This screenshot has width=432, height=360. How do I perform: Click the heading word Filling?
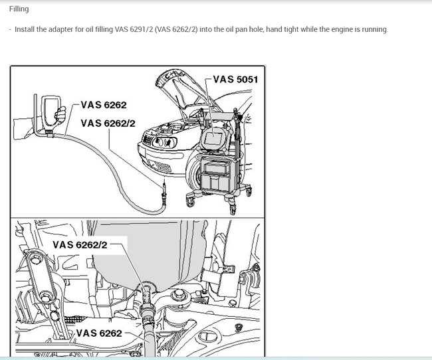pyautogui.click(x=19, y=9)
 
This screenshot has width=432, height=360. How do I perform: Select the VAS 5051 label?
pyautogui.click(x=235, y=79)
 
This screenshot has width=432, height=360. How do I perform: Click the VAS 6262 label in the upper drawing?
pyautogui.click(x=104, y=105)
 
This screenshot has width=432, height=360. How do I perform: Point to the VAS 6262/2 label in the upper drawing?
pyautogui.click(x=108, y=123)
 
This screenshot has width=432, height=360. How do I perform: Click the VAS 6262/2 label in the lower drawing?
pyautogui.click(x=80, y=244)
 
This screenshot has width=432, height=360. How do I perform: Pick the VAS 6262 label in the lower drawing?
pyautogui.click(x=99, y=333)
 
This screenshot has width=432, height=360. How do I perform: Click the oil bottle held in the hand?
pyautogui.click(x=51, y=112)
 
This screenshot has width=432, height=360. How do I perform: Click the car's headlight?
pyautogui.click(x=164, y=142)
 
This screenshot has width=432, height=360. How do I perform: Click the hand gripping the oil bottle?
pyautogui.click(x=60, y=115)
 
